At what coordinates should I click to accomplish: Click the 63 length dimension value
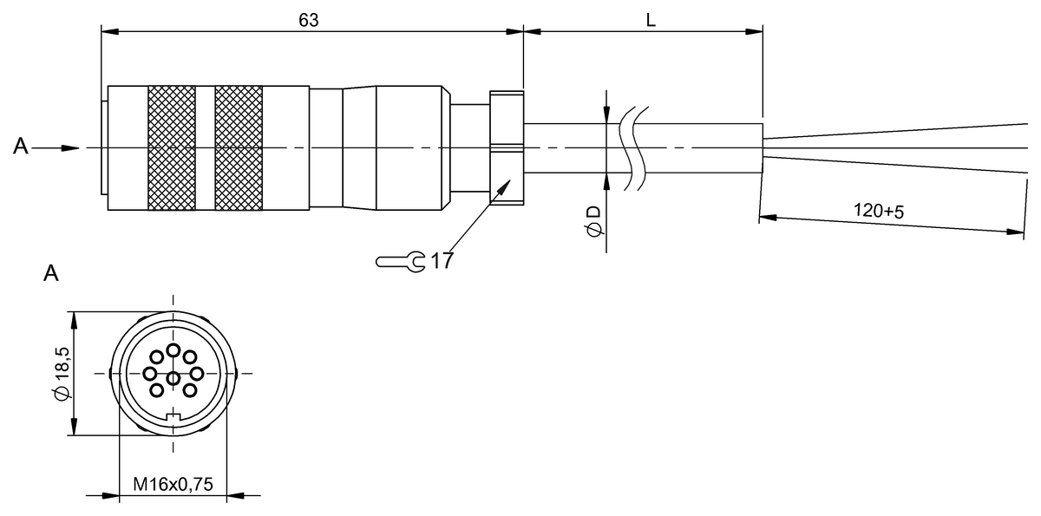(x=309, y=20)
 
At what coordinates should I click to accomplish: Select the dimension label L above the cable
(x=650, y=20)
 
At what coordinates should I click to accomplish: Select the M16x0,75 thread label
(x=173, y=484)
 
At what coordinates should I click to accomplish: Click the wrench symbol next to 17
(x=400, y=260)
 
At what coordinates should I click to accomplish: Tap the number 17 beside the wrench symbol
(x=441, y=260)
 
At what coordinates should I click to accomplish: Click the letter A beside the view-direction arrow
(x=21, y=148)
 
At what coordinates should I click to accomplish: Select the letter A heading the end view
(x=51, y=275)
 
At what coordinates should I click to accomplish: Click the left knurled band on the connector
(x=171, y=147)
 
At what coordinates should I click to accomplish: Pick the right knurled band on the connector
(x=239, y=147)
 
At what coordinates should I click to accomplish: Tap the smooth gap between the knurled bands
(x=205, y=147)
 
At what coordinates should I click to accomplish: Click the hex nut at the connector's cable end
(x=507, y=147)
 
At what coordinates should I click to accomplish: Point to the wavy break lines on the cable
(x=632, y=147)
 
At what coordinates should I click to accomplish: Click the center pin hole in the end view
(x=173, y=378)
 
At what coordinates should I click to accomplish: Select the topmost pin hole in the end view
(x=173, y=350)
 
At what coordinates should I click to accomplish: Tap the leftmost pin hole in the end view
(x=149, y=374)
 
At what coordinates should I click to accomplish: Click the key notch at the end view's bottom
(x=173, y=421)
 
